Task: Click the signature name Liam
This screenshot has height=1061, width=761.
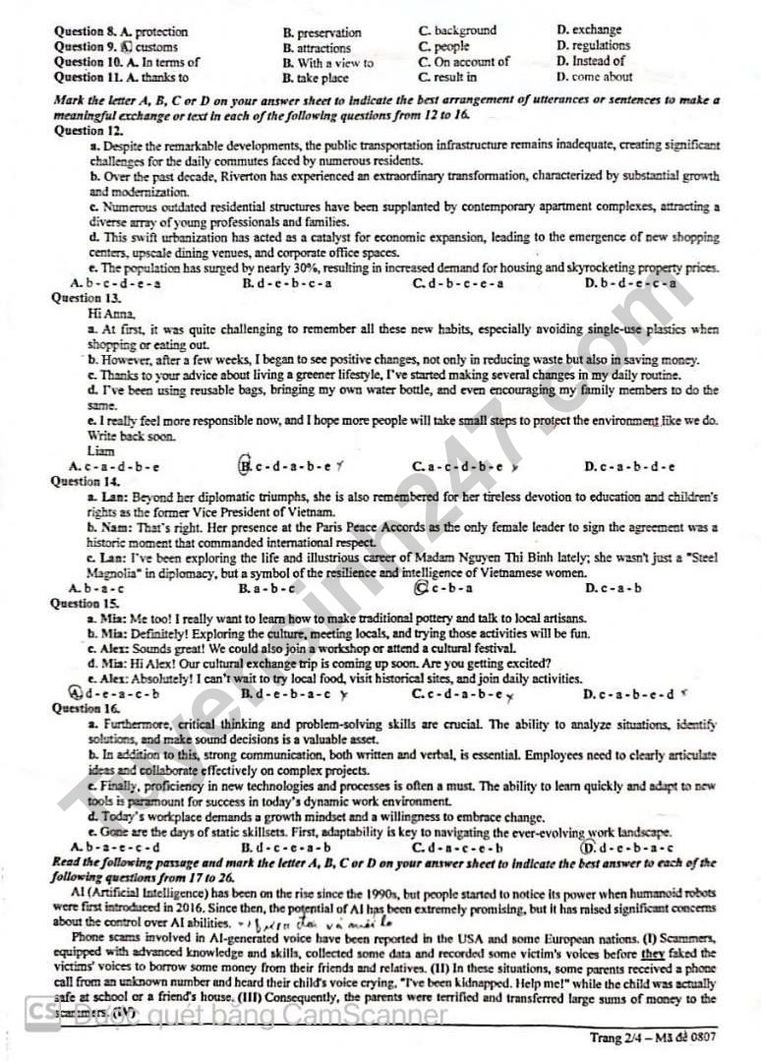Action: [100, 450]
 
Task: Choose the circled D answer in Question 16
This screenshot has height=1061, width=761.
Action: [588, 847]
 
